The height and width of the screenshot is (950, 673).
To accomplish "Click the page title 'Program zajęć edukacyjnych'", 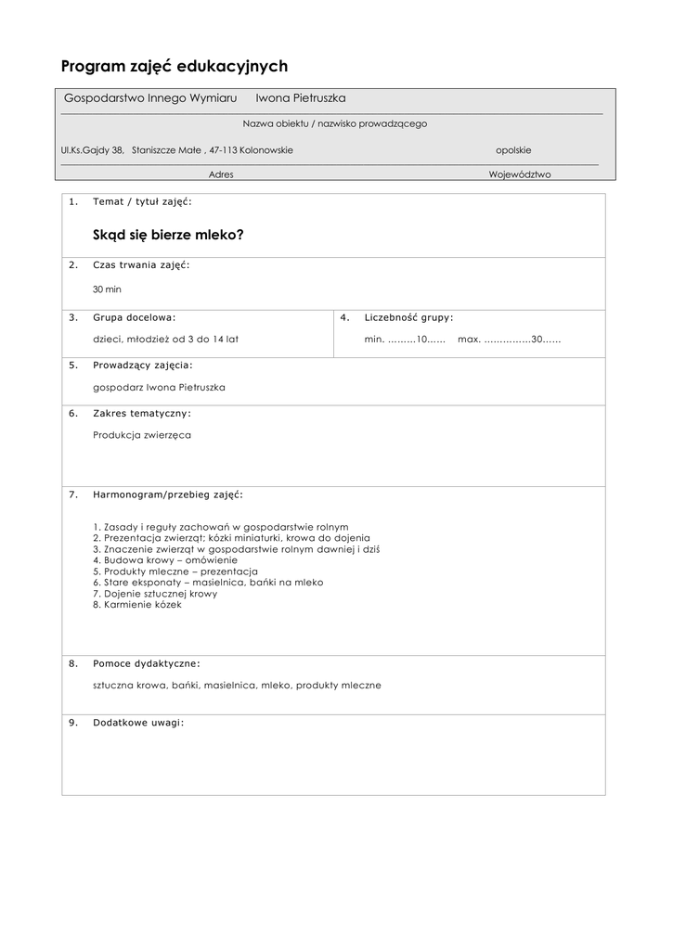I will (x=175, y=67).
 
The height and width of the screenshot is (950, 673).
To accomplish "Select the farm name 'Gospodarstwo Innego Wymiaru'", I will (x=150, y=98).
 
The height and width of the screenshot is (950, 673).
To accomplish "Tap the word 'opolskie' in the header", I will (x=513, y=150).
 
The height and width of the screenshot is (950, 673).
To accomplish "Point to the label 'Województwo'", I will (x=520, y=174).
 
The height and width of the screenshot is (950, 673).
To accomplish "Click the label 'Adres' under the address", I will (x=221, y=174).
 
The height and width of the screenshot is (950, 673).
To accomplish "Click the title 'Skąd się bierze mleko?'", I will (x=168, y=235).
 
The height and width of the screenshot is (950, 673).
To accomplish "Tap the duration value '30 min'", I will (x=107, y=289).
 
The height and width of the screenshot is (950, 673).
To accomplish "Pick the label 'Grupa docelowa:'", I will (x=134, y=317).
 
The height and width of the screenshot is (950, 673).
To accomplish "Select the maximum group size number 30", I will (x=537, y=340).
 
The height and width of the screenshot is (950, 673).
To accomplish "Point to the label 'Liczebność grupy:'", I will (x=409, y=317).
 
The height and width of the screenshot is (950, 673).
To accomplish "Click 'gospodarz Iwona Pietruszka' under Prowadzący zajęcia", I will (x=159, y=388).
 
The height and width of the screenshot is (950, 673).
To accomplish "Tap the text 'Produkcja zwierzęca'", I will (x=142, y=435).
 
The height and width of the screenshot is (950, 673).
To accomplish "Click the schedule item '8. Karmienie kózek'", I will (x=137, y=605).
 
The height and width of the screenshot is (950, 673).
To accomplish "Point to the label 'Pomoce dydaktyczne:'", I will (x=147, y=664).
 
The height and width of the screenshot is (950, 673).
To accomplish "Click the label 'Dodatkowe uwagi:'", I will (x=138, y=723).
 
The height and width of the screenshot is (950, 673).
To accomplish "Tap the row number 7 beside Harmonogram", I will (x=72, y=494).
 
